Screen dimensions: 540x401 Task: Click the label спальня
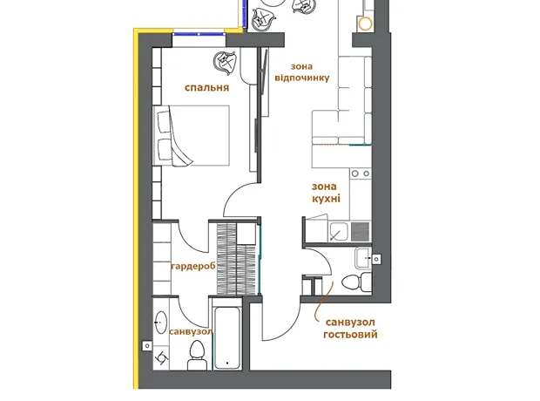pyautogui.click(x=206, y=87)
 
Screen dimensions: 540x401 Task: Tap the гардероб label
pyautogui.click(x=193, y=266)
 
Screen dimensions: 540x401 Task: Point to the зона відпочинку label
pyautogui.click(x=302, y=72)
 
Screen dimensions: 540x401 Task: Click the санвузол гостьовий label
pyautogui.click(x=350, y=329)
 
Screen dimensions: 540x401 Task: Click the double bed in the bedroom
pyautogui.click(x=192, y=136)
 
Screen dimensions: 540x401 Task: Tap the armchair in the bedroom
pyautogui.click(x=225, y=63)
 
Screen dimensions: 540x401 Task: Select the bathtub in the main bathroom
pyautogui.click(x=227, y=337)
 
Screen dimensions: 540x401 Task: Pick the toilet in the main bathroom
pyautogui.click(x=197, y=355)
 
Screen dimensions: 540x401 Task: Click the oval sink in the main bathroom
pyautogui.click(x=160, y=323)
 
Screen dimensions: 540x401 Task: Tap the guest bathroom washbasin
pyautogui.click(x=363, y=258)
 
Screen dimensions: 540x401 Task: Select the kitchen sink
pyautogui.click(x=339, y=231)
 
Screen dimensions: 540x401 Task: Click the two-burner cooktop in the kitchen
pyautogui.click(x=361, y=173)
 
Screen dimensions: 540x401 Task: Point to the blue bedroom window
pyautogui.click(x=199, y=34)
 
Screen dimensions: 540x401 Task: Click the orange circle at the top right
pyautogui.click(x=365, y=24)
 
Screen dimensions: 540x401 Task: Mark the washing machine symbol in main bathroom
pyautogui.click(x=161, y=358)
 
